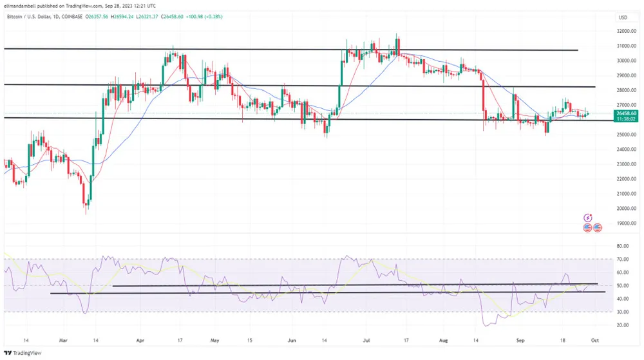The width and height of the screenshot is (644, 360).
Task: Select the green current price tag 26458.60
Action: pyautogui.click(x=626, y=113)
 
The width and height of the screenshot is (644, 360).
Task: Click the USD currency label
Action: pyautogui.click(x=623, y=17)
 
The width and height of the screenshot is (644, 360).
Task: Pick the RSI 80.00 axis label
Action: pyautogui.click(x=623, y=246)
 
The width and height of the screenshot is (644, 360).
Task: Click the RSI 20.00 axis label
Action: pyautogui.click(x=623, y=325)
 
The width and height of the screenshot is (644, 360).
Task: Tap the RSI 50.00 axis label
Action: pyautogui.click(x=623, y=285)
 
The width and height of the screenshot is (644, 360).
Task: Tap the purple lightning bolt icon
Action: pyautogui.click(x=587, y=218)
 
